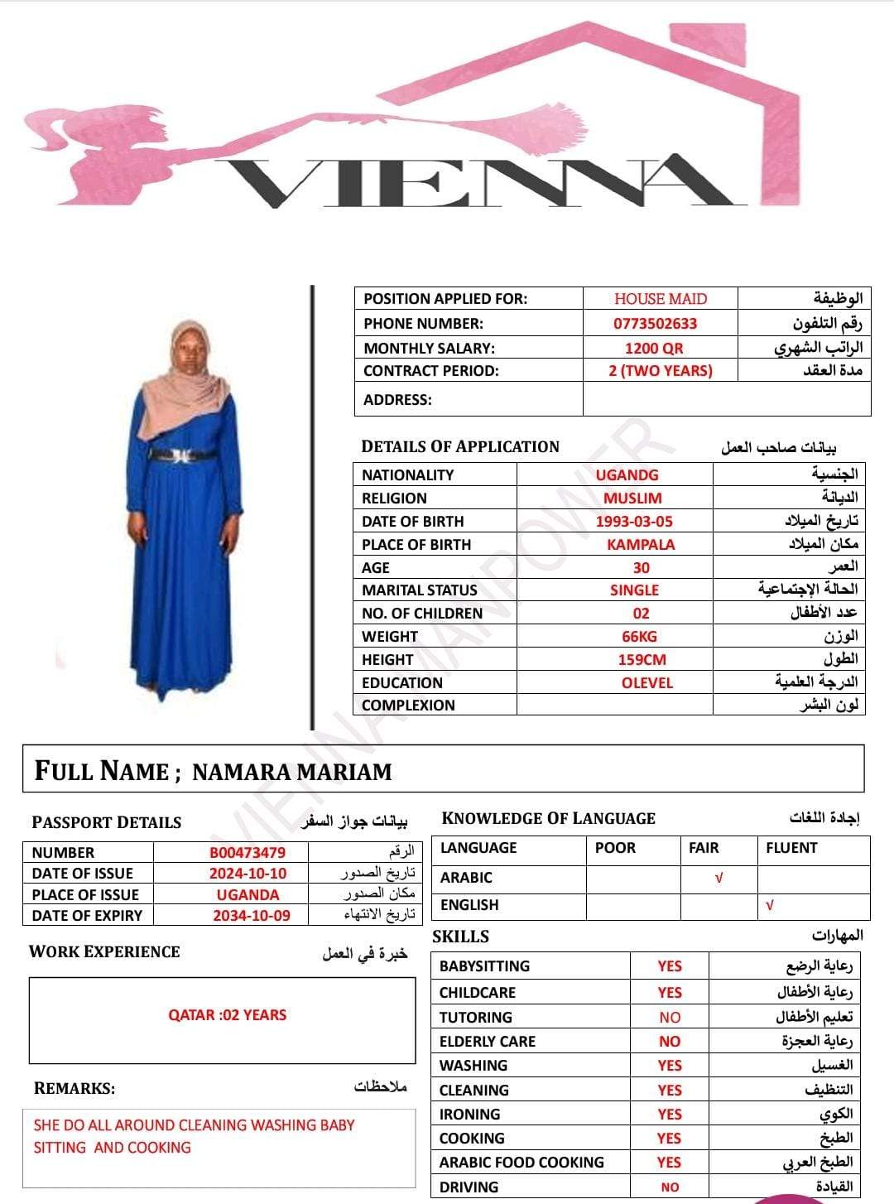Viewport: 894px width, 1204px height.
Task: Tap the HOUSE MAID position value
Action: [x=661, y=299]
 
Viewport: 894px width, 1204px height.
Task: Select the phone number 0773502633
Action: [x=655, y=324]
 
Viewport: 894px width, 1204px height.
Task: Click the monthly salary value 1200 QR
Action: [x=654, y=349]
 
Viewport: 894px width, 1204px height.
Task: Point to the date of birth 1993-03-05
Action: [x=634, y=522]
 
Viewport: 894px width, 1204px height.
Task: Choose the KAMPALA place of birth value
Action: [x=641, y=545]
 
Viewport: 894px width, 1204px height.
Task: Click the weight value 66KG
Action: [x=640, y=637]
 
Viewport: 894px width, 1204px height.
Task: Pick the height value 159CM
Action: [x=642, y=660]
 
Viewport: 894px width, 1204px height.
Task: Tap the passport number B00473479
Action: [x=248, y=852]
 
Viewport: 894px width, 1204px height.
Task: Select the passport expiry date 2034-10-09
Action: [x=252, y=916]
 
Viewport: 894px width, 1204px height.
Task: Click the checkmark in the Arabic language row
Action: [x=719, y=879]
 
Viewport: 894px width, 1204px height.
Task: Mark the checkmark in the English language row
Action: [x=770, y=906]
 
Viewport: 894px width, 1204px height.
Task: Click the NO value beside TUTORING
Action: [x=670, y=1018]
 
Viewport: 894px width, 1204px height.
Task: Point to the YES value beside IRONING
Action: [x=669, y=1115]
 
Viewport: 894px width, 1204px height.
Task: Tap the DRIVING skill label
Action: [x=469, y=1187]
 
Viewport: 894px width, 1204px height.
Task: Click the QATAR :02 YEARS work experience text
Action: [x=227, y=1015]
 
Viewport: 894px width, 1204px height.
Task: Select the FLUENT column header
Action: [x=791, y=848]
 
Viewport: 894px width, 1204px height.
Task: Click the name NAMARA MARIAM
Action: [x=291, y=772]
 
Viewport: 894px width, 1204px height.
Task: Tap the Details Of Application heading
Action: [x=460, y=447]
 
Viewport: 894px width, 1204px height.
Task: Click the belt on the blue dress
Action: [x=182, y=455]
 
